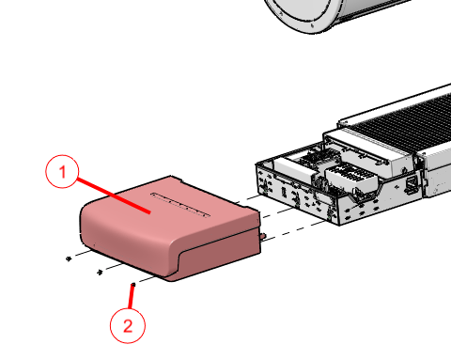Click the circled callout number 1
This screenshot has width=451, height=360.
62,172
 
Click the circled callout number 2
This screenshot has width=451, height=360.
128,326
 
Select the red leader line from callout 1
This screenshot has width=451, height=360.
114,196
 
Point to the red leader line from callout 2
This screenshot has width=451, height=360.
132,297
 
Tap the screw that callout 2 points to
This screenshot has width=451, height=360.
133,285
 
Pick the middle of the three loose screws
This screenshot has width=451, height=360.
100,272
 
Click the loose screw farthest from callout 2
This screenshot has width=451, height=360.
69,258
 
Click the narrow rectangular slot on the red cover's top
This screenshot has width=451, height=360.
180,204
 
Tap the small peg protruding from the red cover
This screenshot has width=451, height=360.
263,236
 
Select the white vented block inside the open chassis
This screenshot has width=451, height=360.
350,178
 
